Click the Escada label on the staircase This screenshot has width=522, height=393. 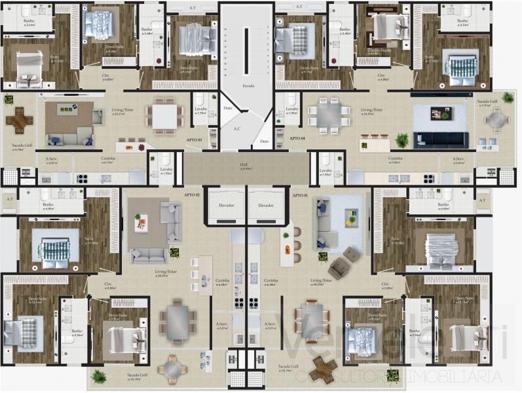(x=248, y=85)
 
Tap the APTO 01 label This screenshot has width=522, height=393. (x=299, y=196)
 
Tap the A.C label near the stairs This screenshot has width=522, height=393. (x=236, y=129)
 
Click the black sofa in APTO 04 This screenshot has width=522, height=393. (x=440, y=140)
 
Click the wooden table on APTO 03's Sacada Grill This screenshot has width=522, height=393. (x=18, y=120)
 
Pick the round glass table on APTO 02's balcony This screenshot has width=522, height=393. (x=172, y=370)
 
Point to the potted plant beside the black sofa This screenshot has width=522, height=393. (x=401, y=140)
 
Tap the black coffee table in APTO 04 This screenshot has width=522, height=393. (x=440, y=113)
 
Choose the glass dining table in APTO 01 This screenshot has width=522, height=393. (x=312, y=321)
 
